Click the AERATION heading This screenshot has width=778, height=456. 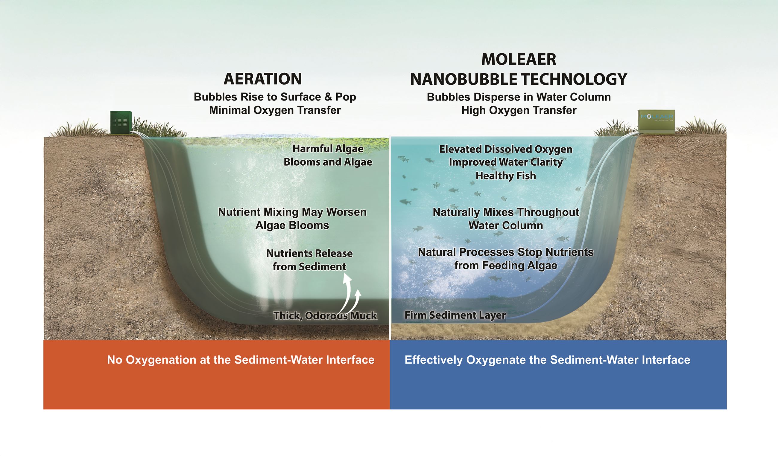click(262, 79)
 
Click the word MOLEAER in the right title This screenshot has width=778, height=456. click(519, 59)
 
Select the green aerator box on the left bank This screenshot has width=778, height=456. click(121, 123)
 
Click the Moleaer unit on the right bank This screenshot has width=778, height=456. click(656, 122)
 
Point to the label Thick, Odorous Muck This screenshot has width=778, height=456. click(325, 316)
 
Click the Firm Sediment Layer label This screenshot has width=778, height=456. click(455, 315)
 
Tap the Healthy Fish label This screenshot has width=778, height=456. click(506, 176)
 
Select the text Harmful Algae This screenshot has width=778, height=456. click(328, 149)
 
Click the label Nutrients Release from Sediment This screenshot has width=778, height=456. click(309, 260)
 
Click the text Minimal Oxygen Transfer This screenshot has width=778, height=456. click(275, 110)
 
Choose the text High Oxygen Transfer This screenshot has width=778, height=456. click(519, 110)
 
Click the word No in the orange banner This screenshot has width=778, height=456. click(115, 360)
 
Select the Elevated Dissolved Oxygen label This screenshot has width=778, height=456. click(506, 149)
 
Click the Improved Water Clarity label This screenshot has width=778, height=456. click(506, 162)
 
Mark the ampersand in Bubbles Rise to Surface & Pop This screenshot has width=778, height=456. click(328, 97)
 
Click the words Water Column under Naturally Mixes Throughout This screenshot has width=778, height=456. click(506, 225)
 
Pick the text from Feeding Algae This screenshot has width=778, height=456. click(506, 265)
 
